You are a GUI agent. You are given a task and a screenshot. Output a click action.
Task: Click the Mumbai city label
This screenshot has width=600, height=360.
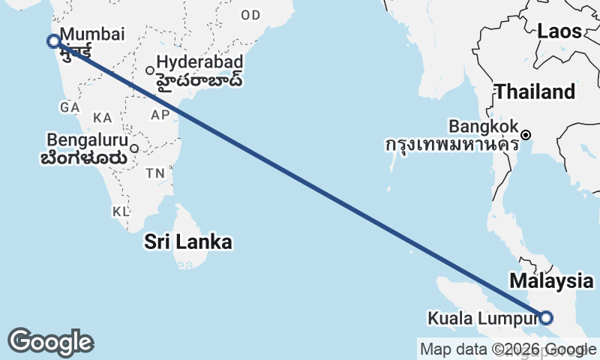click(91, 34)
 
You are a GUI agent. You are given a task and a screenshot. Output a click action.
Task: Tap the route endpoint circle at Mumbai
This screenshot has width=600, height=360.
click(53, 41)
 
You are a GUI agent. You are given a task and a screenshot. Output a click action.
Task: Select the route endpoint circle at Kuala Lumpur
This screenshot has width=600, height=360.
click(546, 318)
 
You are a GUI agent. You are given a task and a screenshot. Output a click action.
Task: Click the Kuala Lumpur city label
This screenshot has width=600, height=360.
click(481, 318)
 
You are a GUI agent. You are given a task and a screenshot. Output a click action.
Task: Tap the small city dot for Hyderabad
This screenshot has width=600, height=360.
click(150, 70)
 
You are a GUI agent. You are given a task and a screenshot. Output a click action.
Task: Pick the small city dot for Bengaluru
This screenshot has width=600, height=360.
click(134, 148)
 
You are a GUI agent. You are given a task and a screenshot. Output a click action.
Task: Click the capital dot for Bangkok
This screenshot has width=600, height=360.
click(526, 135)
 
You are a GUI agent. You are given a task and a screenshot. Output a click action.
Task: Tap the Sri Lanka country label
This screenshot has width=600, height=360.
click(188, 242)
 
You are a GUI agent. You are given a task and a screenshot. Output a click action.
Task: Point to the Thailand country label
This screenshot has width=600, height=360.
click(535, 92)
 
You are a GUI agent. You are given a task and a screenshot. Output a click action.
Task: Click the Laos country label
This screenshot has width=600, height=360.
click(559, 31)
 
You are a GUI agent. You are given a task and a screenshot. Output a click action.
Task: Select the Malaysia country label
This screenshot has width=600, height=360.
click(551, 282)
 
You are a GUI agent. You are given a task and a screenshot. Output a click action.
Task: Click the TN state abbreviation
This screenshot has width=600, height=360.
click(155, 173)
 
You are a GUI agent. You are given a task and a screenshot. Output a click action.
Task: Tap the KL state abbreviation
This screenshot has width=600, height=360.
click(121, 211)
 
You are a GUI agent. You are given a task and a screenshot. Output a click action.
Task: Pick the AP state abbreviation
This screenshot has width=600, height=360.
click(160, 115)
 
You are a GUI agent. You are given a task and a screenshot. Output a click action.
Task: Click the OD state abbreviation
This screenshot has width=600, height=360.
click(251, 15)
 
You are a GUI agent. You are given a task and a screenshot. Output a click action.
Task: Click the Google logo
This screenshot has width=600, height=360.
click(50, 342)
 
